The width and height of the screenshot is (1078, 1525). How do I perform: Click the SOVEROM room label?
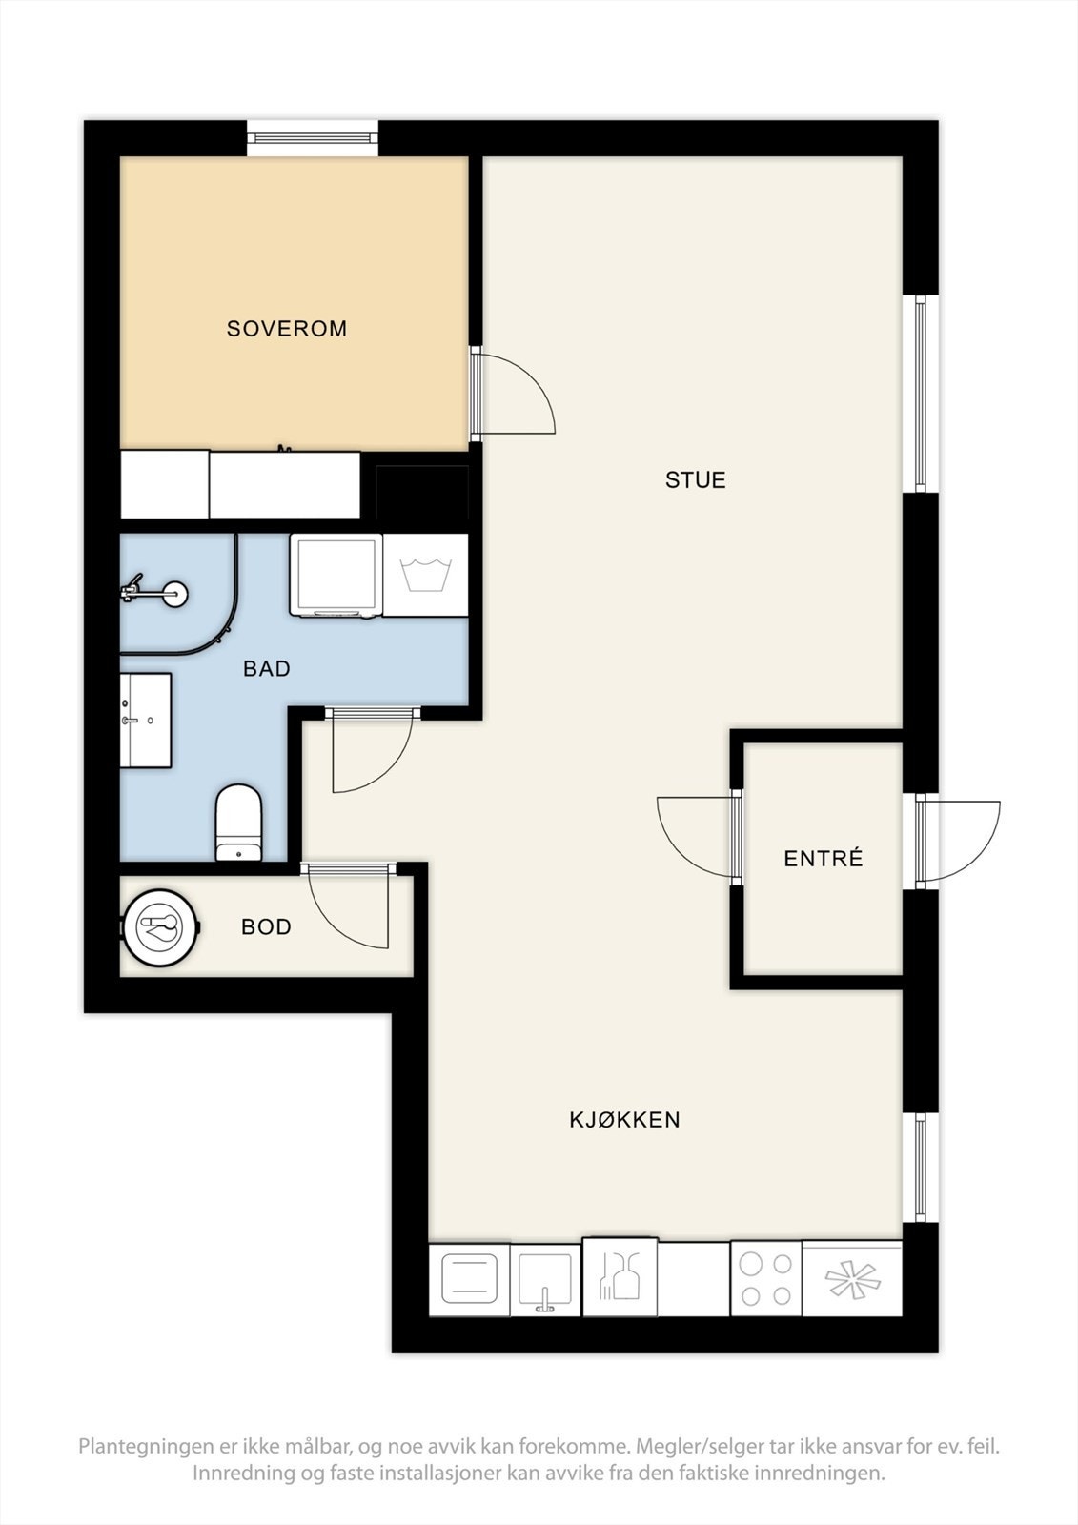click(x=287, y=329)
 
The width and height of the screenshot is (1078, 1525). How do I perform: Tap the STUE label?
click(x=695, y=480)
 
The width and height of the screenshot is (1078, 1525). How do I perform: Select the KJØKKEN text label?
click(x=624, y=1120)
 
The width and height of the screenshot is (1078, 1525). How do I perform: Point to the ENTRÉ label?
click(x=824, y=858)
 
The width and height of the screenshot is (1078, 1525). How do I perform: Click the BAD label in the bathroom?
click(x=267, y=668)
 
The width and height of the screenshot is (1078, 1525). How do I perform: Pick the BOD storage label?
click(x=266, y=926)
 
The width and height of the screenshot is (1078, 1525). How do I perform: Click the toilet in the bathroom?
click(x=238, y=823)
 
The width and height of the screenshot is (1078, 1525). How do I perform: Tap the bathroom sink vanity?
click(x=146, y=721)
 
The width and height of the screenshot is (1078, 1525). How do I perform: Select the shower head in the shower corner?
click(x=153, y=594)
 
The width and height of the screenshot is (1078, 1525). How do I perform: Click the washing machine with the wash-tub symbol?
click(x=426, y=576)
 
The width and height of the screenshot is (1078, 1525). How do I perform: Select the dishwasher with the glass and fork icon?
click(x=620, y=1277)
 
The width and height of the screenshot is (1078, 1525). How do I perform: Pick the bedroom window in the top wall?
click(x=313, y=138)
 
